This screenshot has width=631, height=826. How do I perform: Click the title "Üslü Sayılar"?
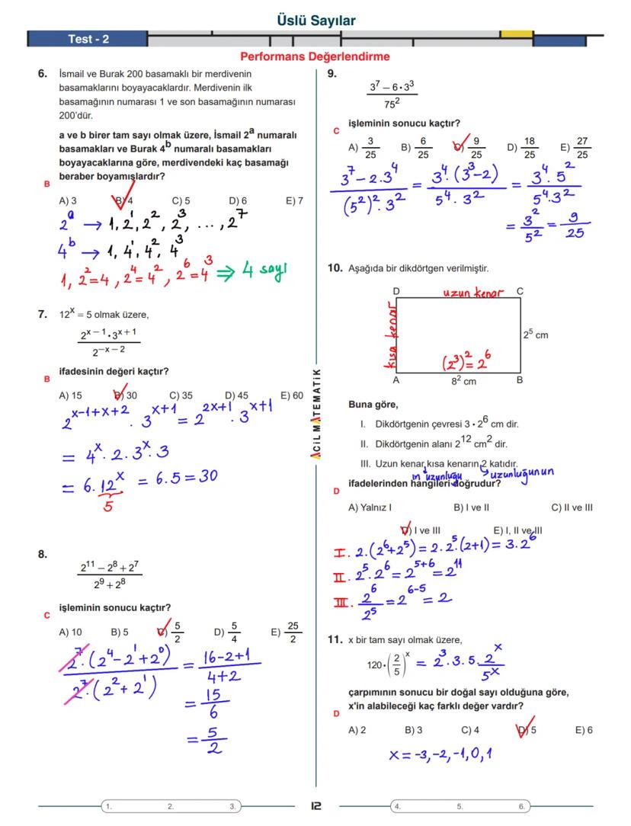coord(315,21)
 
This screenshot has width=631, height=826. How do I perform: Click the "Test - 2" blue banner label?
coord(88,39)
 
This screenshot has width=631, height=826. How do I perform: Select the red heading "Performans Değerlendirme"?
coord(315,56)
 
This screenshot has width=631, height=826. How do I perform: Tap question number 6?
coord(43,74)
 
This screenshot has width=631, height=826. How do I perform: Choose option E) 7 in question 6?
coord(294,201)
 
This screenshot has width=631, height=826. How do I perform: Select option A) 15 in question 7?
coord(70,395)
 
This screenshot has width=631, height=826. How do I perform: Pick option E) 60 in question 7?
coord(291,395)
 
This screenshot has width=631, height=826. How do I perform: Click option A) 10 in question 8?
coord(70,632)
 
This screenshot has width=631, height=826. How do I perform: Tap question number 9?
coord(332,74)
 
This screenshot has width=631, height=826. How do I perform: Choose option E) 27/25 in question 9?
coord(575,148)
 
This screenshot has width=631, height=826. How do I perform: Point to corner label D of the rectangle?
coord(396,291)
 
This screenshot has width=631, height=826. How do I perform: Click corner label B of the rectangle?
coord(519,379)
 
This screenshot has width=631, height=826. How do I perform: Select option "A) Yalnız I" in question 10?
coord(370,507)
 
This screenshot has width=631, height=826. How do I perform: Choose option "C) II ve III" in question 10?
coord(572,507)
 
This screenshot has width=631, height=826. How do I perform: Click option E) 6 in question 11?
coord(584,730)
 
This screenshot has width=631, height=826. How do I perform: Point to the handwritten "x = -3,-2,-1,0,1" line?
coord(440,755)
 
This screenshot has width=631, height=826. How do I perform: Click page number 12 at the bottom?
coord(315,805)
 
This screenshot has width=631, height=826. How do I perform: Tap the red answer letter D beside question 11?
coord(336,714)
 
